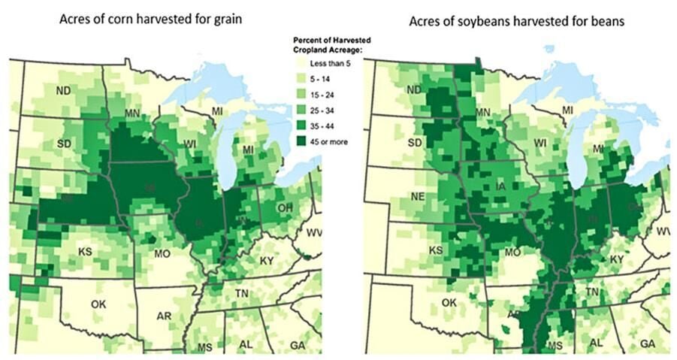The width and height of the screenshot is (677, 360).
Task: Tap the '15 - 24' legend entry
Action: pos(323,96)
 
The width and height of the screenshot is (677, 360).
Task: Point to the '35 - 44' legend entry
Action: pos(323,126)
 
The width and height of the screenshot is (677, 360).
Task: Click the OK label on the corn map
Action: pos(98,304)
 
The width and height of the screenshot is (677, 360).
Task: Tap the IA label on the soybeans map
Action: pos(500,185)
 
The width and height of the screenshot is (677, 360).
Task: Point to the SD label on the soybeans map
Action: pos(394,142)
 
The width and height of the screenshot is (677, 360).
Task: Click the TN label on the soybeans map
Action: pos(593,292)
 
